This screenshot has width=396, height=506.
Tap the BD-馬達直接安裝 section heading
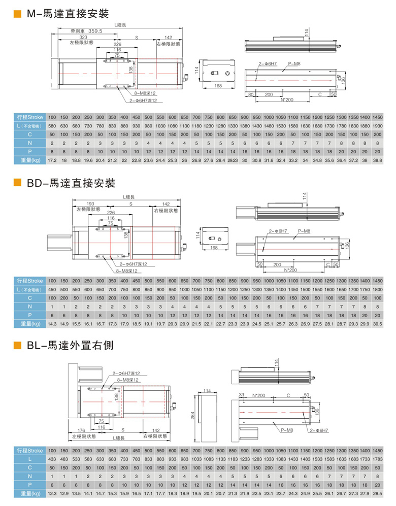point(71,183)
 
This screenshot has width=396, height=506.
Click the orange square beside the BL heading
point(17,346)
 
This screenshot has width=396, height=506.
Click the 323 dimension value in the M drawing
point(83,38)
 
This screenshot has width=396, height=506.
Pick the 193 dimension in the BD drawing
point(91,204)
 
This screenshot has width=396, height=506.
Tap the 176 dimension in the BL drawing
point(84,430)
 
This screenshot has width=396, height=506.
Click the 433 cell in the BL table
point(52,459)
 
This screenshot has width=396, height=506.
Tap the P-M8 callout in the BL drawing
point(287,430)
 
